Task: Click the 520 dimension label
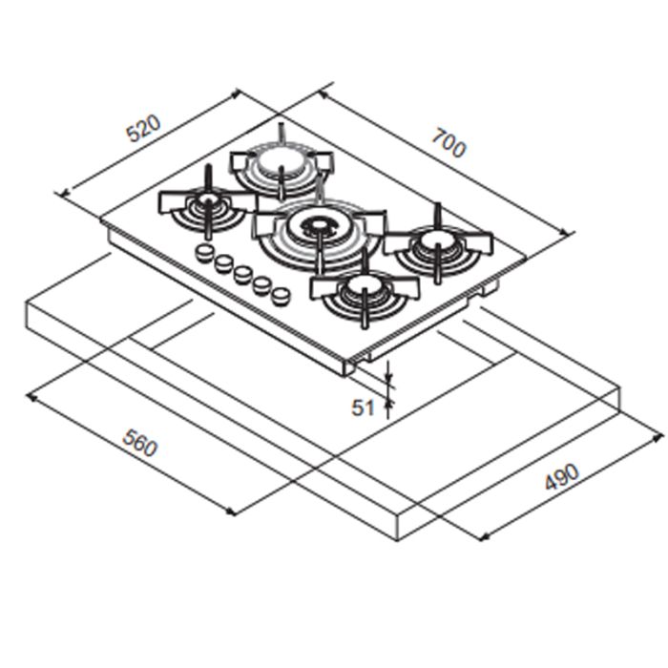click(x=144, y=128)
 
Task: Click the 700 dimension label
click(x=449, y=143)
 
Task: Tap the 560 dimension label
click(x=139, y=443)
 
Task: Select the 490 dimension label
click(x=563, y=476)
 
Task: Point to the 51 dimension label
click(x=363, y=407)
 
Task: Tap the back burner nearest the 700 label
click(x=282, y=166)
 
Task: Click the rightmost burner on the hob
click(x=439, y=247)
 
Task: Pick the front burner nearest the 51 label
click(x=365, y=294)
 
